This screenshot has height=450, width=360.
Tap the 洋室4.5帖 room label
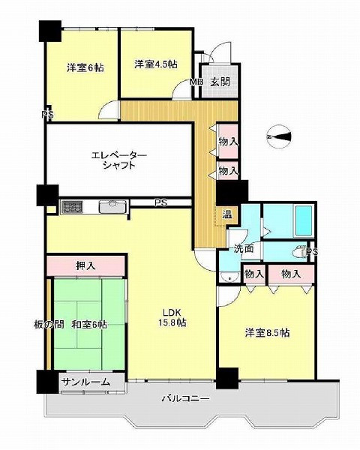point(156,64)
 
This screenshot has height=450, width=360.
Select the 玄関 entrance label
point(220,82)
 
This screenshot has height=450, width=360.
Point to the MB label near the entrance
point(196,82)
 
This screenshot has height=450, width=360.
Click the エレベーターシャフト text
point(120,160)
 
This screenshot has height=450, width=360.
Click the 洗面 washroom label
point(242,248)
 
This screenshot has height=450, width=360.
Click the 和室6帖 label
point(89,324)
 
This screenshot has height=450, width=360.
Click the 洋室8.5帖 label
point(266,332)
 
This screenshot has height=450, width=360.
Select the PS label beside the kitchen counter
point(160,202)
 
